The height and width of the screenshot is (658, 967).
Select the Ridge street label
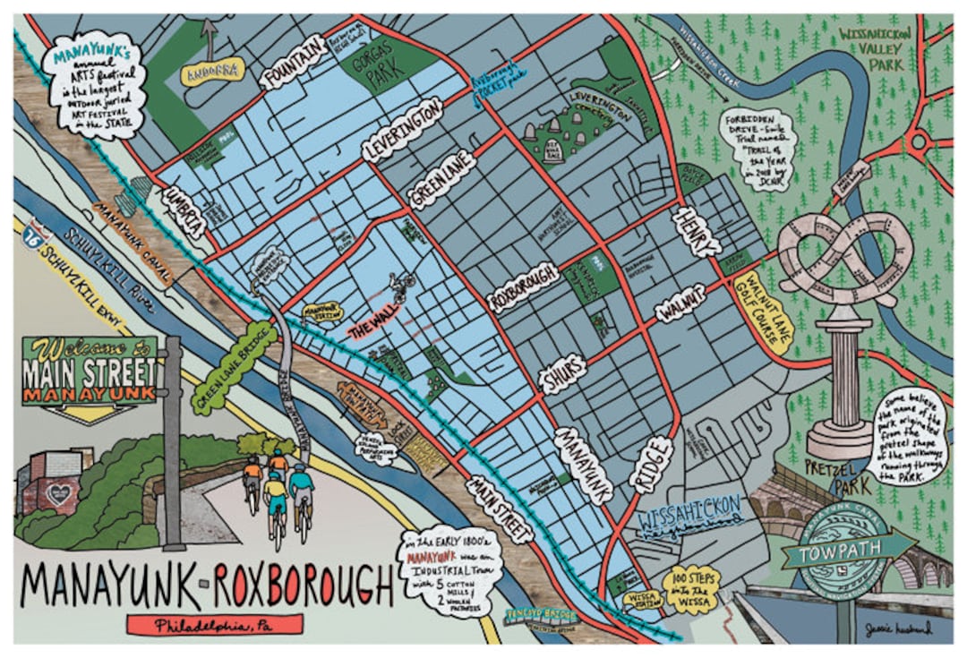point(650,464)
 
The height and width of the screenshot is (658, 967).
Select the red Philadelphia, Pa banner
point(215,624)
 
